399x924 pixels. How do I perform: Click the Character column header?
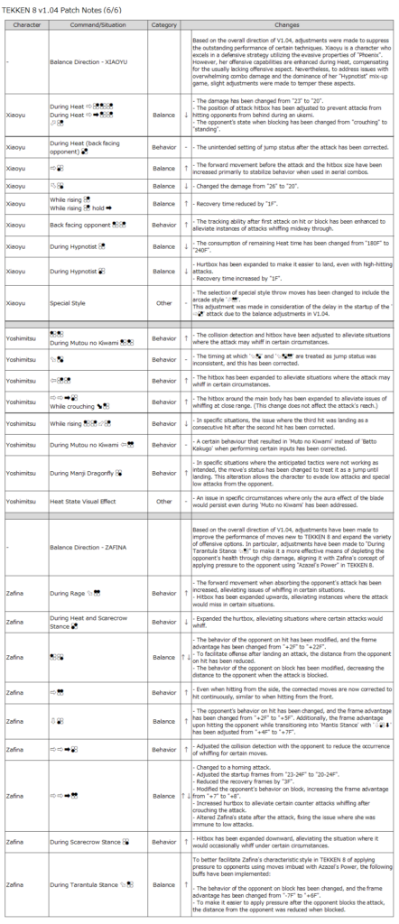(24, 26)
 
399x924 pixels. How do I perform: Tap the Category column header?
(163, 26)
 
